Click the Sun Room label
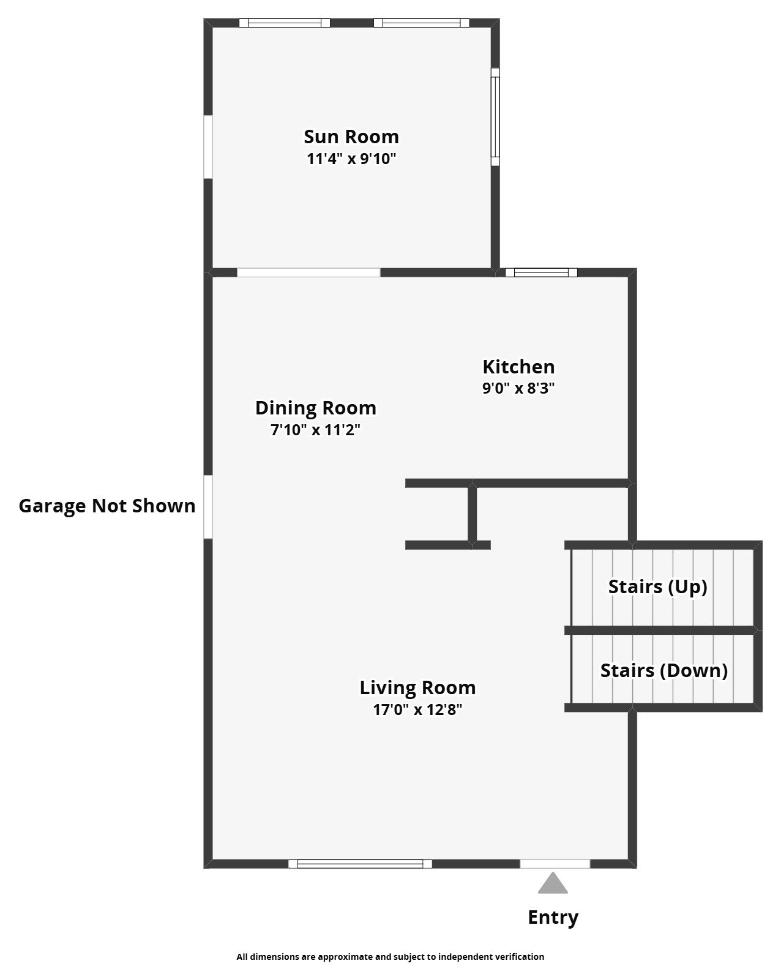pos(351,137)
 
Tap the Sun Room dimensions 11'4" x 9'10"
pos(351,159)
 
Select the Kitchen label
pos(518,367)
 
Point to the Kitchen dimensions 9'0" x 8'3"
pos(518,388)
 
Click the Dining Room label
pos(315,408)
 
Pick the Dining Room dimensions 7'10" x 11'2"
pos(315,430)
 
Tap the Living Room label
pos(417,687)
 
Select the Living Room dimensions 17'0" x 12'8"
pos(417,710)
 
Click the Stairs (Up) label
pos(657,586)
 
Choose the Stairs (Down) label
pos(663,670)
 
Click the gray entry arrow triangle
pos(553,884)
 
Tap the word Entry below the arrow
pos(553,917)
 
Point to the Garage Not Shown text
pos(107,506)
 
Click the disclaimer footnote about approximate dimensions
pos(390,956)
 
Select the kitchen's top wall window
pos(541,272)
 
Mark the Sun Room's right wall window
pos(495,116)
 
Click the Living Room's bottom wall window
pos(360,864)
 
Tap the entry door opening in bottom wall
pos(555,864)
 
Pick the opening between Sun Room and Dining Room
pos(308,272)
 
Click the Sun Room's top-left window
pos(284,23)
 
